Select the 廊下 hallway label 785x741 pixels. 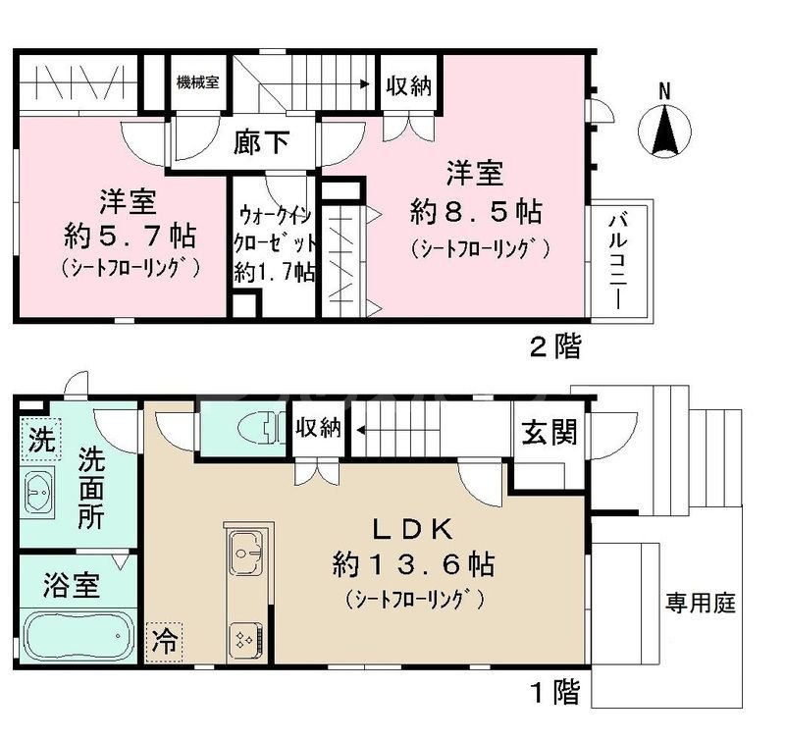262,143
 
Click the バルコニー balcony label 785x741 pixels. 616,260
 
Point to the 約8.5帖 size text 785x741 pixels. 476,211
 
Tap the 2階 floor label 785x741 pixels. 555,345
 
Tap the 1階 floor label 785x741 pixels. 555,692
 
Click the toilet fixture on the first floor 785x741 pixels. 250,429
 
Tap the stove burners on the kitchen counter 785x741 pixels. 243,640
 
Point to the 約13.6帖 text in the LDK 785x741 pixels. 412,565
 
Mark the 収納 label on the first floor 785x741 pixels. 317,428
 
